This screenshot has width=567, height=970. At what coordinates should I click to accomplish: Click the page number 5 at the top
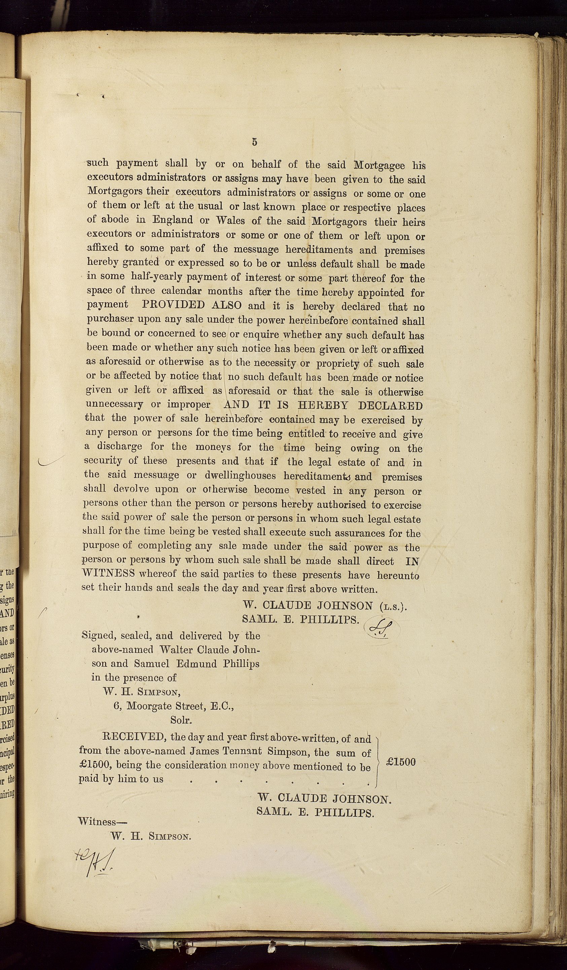(255, 142)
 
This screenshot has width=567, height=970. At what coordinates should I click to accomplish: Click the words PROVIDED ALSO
(192, 305)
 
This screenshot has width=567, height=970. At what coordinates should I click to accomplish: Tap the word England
(173, 220)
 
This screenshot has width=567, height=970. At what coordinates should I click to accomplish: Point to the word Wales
(231, 221)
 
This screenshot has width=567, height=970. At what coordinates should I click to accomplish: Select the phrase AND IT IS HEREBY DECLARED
(323, 405)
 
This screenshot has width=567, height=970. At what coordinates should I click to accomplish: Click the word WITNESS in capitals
(108, 573)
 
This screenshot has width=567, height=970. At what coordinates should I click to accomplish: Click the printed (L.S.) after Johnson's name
(392, 607)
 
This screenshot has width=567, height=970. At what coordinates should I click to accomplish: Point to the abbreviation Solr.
(181, 720)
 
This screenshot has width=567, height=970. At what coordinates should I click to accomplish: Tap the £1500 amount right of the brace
(400, 762)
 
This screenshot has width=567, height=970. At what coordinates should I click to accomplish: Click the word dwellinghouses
(240, 476)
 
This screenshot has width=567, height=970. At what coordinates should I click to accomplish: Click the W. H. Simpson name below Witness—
(151, 836)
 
